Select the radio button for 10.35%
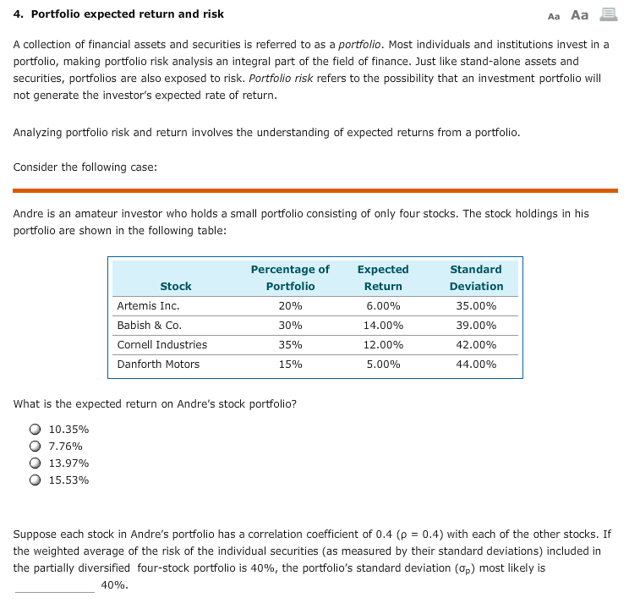(36, 430)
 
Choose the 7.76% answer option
(36, 447)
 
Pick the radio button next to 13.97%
(36, 463)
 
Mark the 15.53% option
(36, 480)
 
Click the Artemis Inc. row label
(148, 306)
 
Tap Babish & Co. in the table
(149, 326)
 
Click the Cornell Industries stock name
(161, 345)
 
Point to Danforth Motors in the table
(158, 365)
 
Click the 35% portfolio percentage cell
(290, 345)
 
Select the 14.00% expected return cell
(383, 326)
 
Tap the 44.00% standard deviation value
(476, 365)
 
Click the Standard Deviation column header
(476, 277)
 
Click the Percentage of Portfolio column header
(290, 277)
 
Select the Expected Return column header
(383, 277)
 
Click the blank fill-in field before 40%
(54, 585)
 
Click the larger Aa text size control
(580, 14)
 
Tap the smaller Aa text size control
(554, 16)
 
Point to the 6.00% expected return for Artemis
(383, 306)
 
